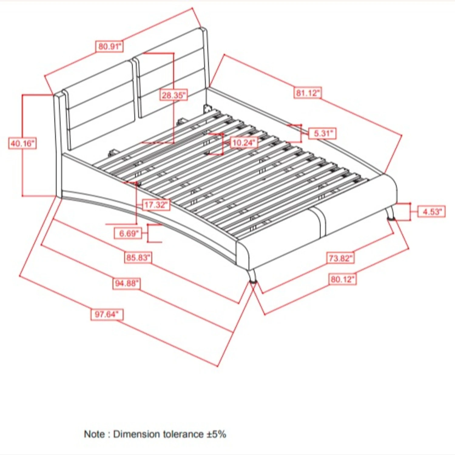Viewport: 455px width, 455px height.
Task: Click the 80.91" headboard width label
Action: click(110, 46)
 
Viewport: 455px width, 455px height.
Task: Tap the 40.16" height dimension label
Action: click(22, 143)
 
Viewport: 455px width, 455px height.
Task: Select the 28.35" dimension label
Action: click(174, 95)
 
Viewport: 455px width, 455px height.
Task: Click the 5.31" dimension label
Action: click(322, 133)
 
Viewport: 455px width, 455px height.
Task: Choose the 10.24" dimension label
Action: click(244, 142)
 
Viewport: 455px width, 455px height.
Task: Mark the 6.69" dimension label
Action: click(128, 233)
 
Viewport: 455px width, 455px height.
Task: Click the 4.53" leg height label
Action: click(432, 211)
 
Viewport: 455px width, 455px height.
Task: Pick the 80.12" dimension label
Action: click(342, 279)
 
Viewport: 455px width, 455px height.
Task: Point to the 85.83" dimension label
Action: click(138, 258)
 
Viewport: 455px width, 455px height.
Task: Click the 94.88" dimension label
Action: click(126, 283)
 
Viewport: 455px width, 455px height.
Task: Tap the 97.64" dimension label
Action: click(107, 314)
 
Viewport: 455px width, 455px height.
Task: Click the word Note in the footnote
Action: click(95, 434)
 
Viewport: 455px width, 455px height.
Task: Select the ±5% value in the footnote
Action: click(216, 434)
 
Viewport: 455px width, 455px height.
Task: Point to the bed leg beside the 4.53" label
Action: click(390, 213)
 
